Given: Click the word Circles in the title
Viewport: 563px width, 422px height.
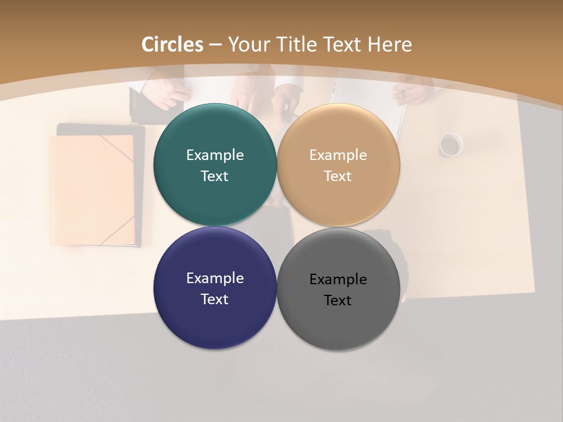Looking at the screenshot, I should (x=172, y=45).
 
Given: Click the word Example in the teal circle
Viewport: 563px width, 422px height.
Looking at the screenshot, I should (x=215, y=155).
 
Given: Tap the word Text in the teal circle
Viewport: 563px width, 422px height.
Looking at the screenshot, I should (x=215, y=176).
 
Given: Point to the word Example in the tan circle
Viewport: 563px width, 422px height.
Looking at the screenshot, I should (x=338, y=155).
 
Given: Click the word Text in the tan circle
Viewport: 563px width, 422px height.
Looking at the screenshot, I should (x=338, y=176).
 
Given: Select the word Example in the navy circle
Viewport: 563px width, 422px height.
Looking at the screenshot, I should (x=215, y=278).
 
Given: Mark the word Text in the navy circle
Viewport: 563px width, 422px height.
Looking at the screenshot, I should (x=215, y=300).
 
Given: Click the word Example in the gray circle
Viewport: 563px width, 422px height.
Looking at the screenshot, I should (x=338, y=280).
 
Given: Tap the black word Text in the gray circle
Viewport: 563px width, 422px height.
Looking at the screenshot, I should (x=338, y=301).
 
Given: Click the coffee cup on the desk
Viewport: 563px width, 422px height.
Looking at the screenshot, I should (x=450, y=145).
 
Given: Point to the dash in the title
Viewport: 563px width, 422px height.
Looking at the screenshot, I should (x=215, y=45).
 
